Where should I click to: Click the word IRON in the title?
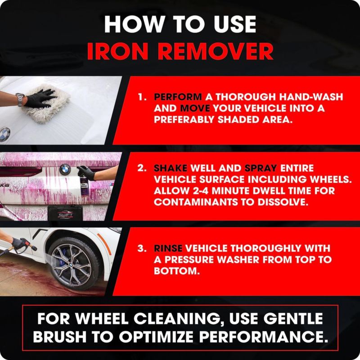117,52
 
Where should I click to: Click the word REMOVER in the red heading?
216,52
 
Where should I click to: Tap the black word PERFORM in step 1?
178,97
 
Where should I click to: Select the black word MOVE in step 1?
195,108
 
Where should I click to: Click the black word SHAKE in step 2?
171,168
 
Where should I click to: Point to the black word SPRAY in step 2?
261,168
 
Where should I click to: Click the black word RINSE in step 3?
168,248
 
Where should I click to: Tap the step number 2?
142,168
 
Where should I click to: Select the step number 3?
142,248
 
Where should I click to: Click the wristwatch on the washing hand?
20,99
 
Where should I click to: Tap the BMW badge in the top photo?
4,135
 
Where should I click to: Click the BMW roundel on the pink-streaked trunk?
65,170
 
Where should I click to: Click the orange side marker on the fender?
104,244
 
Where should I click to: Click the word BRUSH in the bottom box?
60,337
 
